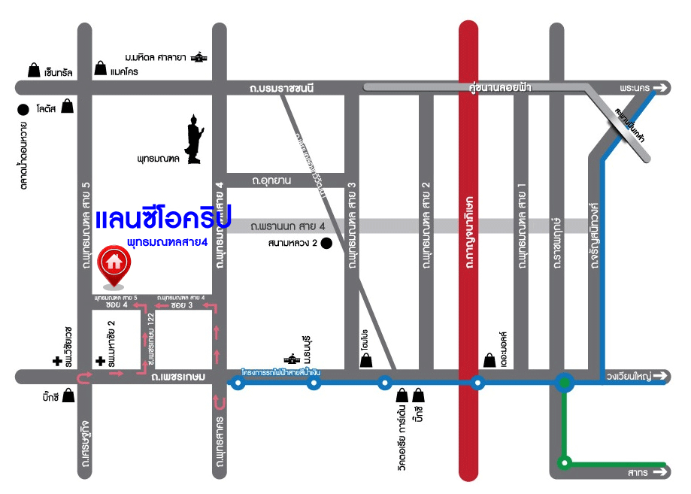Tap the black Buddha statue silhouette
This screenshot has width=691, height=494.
click(194, 138)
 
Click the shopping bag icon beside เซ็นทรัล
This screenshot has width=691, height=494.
click(34, 71)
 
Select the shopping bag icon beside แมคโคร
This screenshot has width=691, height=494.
click(100, 69)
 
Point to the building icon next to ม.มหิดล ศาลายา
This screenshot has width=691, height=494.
click(199, 58)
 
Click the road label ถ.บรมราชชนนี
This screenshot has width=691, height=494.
click(281, 89)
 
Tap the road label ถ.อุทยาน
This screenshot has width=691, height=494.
click(271, 180)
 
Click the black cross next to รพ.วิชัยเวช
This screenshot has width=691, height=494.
click(57, 362)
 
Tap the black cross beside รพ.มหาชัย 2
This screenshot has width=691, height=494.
click(100, 362)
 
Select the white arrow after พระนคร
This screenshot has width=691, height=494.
click(660, 89)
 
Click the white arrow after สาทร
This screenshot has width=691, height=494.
click(660, 473)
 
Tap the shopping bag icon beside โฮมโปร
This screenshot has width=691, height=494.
click(366, 360)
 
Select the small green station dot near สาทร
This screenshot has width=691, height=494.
click(565, 462)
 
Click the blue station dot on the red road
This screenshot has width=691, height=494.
click(477, 383)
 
